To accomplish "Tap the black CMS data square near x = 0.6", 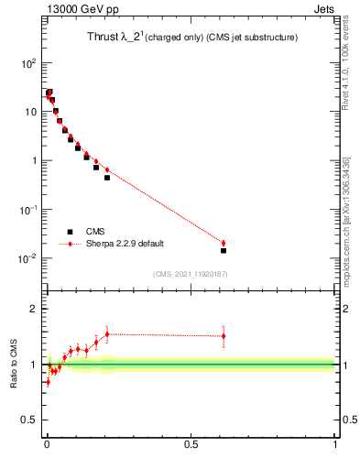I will [x=224, y=250].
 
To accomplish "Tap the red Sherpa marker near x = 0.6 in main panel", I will [x=224, y=243].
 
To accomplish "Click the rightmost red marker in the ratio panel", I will [x=224, y=336].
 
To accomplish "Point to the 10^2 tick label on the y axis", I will [x=29, y=63].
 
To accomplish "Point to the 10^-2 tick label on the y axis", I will [x=29, y=258].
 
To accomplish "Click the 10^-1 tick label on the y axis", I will [x=29, y=210].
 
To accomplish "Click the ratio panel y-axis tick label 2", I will [x=34, y=309].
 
